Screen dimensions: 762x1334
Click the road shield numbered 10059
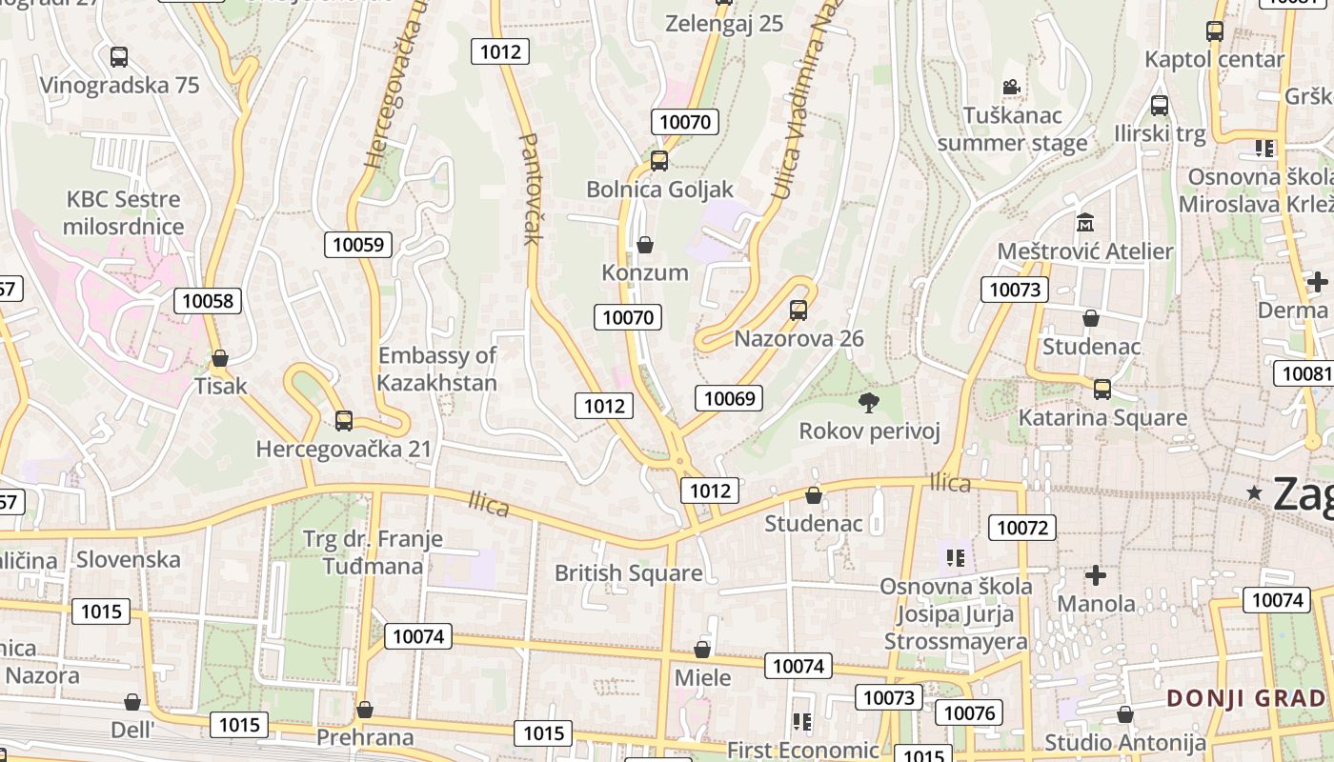point(358,245)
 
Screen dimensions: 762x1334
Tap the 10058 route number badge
point(208,302)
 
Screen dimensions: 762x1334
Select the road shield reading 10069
point(729,398)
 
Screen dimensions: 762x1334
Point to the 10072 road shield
point(1022,527)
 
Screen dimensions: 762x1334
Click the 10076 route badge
point(969,712)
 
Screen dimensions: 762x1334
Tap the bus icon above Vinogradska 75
point(119,57)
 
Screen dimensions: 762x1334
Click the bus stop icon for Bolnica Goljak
point(658,161)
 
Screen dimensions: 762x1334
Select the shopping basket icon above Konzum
point(645,245)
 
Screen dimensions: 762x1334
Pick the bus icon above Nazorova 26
point(798,311)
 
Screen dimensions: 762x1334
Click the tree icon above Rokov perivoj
point(868,403)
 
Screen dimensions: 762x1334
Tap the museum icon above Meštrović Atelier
point(1084,223)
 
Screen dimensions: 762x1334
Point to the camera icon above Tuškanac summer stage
point(1011,88)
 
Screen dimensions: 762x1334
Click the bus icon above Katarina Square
point(1102,390)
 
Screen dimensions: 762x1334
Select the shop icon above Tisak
point(220,358)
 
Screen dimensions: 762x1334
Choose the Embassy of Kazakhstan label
point(437,370)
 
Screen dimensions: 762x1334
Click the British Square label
point(628,573)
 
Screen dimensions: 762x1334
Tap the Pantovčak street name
point(530,188)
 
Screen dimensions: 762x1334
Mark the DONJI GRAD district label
point(1246,698)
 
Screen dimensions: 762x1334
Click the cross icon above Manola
point(1096,575)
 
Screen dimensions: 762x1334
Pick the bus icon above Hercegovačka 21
point(344,420)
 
